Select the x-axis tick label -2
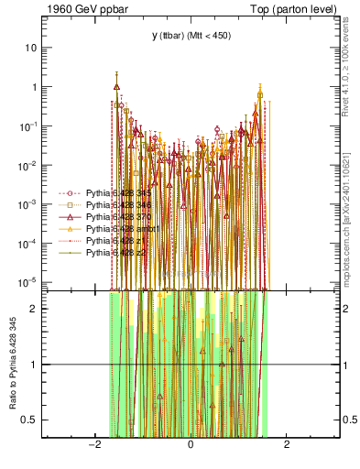coord(93,444)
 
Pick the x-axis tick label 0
coord(191,444)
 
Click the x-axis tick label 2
coord(287,444)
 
